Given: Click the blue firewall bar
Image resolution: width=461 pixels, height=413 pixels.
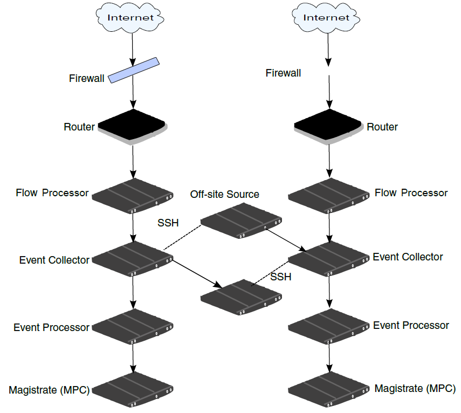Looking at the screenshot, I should pos(135,70).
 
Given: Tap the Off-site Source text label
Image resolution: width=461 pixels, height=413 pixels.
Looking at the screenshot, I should pos(224,195).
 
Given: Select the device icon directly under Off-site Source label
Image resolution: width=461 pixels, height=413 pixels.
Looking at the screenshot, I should pos(241,221).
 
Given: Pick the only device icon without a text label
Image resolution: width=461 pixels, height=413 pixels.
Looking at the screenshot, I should pos(241,297).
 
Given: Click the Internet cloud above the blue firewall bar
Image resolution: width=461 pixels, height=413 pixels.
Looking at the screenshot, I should pos(131,18).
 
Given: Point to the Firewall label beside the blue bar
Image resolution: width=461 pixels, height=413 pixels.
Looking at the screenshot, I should pos(87,79).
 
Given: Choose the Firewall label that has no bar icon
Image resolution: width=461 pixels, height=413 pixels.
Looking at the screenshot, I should pos(283,73).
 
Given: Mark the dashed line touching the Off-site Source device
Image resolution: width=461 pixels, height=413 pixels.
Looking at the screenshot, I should pos(182,237).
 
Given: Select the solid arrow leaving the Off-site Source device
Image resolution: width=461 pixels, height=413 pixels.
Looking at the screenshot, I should pos(286,239).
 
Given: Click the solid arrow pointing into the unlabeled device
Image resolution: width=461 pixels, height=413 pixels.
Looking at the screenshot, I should pos(197,273).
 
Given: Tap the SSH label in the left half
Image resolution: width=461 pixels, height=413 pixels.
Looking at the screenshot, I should pos(168,223).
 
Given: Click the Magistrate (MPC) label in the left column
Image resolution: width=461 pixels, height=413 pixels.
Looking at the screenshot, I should pos(49,390).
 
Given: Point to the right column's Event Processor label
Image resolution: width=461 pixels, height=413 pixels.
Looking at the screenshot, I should pos(411,326).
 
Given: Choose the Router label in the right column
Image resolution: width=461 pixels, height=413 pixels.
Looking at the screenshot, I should pos(382,127).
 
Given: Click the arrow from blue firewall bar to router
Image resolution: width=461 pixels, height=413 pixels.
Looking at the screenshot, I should pos(133,95).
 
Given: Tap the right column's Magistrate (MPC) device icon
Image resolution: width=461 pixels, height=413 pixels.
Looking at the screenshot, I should pos(329,389).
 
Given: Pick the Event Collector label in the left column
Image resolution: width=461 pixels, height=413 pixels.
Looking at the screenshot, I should pos(54,260).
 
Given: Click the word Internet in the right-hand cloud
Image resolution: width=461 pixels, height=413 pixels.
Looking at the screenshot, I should pos(327,18).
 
